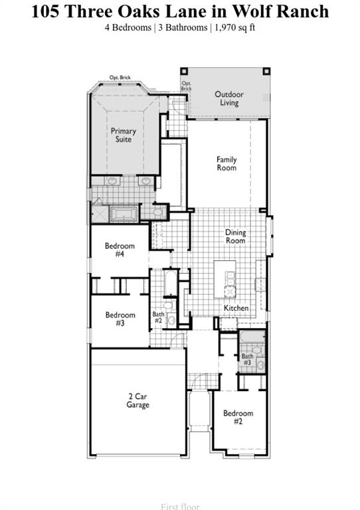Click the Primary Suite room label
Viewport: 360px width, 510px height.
tap(124, 135)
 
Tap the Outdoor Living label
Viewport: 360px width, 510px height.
tap(229, 98)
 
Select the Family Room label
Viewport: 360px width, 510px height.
tap(226, 163)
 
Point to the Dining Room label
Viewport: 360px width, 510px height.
tap(236, 236)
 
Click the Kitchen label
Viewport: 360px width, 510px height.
tap(236, 308)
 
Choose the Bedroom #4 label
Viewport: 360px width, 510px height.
tap(120, 250)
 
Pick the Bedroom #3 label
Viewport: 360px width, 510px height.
tap(120, 319)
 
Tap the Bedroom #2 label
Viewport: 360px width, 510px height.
tap(238, 418)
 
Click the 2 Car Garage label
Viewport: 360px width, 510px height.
tap(138, 400)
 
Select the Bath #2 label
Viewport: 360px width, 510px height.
tap(158, 318)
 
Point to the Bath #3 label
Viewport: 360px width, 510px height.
tap(247, 359)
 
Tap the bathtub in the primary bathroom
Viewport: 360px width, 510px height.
tap(124, 213)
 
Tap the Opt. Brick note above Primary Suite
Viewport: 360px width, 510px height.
tap(120, 78)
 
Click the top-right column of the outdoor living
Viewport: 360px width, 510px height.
tap(267, 71)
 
